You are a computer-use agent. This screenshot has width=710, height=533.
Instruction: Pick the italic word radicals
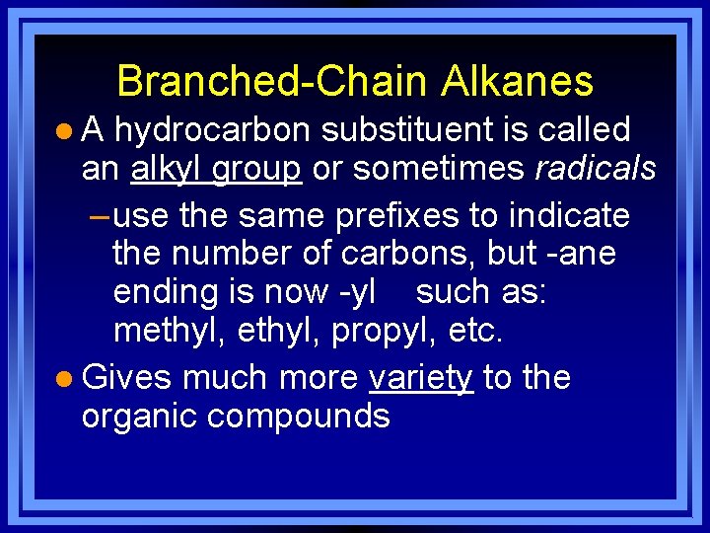pyautogui.click(x=595, y=169)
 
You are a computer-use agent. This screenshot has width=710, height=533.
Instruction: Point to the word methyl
pyautogui.click(x=170, y=331)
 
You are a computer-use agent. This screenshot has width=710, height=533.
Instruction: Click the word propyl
pyautogui.click(x=377, y=331)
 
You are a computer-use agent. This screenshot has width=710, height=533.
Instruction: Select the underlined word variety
pyautogui.click(x=420, y=378)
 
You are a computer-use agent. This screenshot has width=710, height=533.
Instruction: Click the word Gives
pyautogui.click(x=127, y=378)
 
